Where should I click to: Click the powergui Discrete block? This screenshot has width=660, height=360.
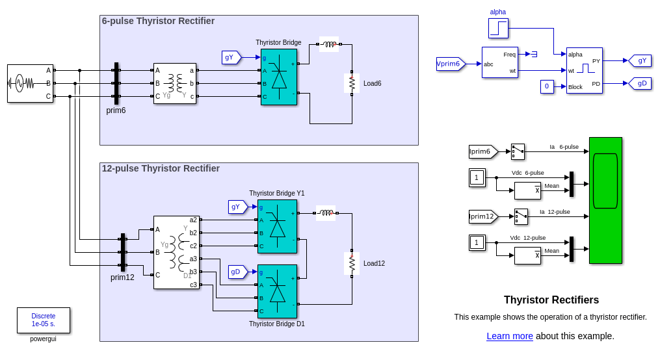point(43,320)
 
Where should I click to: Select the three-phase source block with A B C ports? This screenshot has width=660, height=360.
point(30,83)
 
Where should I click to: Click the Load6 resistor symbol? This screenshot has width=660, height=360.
point(352,83)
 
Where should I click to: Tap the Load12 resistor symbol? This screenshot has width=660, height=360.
point(352,263)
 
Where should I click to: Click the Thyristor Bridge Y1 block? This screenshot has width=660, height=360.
point(278,226)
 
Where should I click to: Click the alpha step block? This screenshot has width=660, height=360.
point(498,28)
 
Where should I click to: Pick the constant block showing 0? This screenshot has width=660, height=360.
point(547,86)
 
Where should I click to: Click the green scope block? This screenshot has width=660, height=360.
point(605,200)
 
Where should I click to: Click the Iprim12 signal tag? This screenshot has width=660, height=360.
point(482,216)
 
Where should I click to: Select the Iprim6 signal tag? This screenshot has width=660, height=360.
point(482,151)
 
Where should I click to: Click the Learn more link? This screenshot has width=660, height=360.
point(509,336)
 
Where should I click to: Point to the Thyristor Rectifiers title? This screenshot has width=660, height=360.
point(551,300)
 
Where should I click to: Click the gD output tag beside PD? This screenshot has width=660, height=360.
point(640,83)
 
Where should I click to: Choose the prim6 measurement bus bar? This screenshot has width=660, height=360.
point(116,83)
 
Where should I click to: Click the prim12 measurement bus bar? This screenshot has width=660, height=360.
point(122,252)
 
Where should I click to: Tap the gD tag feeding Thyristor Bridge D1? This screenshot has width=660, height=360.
point(237,272)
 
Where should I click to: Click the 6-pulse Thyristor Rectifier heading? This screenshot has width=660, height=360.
point(158,21)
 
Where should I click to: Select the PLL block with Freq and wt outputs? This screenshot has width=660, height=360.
point(499,62)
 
